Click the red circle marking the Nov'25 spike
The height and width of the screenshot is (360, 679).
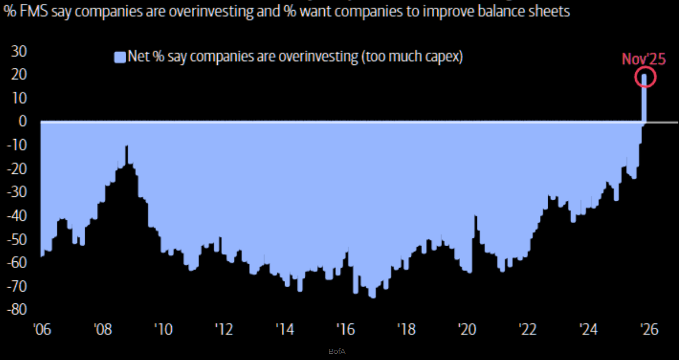[645, 77]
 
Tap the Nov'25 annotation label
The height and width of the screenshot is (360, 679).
[644, 59]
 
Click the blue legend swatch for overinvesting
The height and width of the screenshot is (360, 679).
[120, 57]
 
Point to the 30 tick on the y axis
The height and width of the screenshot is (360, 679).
[19, 51]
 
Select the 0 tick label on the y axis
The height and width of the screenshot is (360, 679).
[23, 121]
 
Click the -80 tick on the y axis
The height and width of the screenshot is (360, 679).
[17, 310]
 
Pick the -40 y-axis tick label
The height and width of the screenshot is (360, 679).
[17, 216]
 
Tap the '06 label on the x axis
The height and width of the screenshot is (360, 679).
[42, 329]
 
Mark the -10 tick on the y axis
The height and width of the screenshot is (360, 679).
[17, 145]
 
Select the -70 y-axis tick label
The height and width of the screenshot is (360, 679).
[17, 286]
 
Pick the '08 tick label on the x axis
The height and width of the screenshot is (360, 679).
[102, 329]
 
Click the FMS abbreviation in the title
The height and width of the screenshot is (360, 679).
[27, 11]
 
